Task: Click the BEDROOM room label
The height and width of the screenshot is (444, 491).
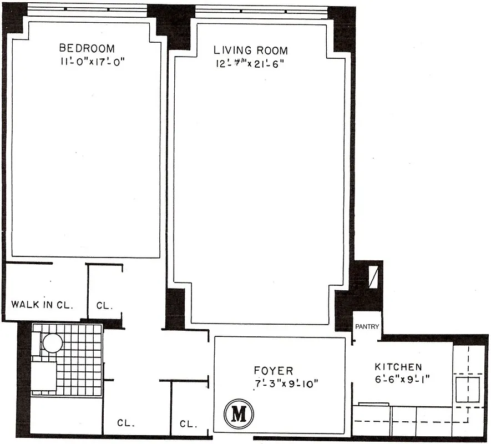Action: tap(87, 48)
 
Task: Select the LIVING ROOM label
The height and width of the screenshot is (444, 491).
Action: tap(251, 51)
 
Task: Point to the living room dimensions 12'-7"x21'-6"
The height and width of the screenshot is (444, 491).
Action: tap(251, 64)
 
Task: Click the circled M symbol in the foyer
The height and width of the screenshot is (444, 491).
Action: tap(239, 414)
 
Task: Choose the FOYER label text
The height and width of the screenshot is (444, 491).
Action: tap(274, 371)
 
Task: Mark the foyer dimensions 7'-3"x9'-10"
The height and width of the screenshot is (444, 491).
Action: tap(285, 384)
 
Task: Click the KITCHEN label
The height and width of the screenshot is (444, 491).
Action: tap(398, 367)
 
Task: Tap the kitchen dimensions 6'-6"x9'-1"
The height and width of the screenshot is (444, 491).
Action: tap(403, 380)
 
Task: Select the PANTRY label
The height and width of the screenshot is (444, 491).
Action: tap(367, 327)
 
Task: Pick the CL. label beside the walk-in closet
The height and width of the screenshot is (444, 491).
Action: tap(105, 305)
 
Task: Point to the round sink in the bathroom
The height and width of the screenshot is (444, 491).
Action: tap(53, 342)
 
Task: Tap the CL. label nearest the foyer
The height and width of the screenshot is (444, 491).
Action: tap(189, 425)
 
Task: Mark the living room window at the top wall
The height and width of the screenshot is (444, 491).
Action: tap(262, 8)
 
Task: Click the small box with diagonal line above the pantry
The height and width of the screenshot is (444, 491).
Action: tap(373, 277)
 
